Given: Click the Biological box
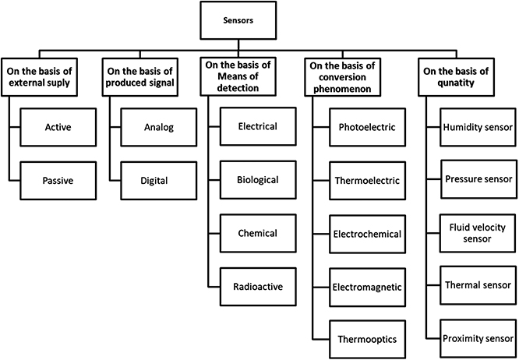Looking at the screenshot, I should click(257, 179).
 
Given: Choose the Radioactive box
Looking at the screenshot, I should click(257, 286).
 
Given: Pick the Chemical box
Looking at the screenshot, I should click(257, 233).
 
